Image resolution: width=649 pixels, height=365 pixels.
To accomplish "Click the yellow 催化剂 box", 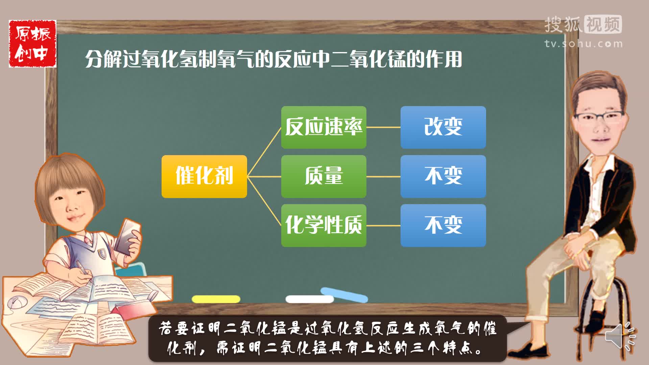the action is tap(204, 176).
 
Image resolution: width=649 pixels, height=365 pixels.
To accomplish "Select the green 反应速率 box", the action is tap(324, 127).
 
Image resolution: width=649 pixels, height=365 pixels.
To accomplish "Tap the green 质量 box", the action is tap(324, 176).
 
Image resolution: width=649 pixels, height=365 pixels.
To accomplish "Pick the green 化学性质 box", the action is tap(324, 225).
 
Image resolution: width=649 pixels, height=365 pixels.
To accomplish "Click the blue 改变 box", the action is tap(443, 127).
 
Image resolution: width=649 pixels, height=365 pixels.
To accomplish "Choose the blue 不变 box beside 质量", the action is tap(443, 176).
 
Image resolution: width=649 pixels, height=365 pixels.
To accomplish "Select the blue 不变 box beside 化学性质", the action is tap(443, 225).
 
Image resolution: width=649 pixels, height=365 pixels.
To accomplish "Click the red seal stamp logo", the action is tap(32, 44).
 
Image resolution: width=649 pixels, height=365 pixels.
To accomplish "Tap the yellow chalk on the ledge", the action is tap(216, 299).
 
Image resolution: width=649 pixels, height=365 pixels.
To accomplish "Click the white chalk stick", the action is tap(310, 299).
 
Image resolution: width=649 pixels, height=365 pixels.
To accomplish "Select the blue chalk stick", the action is tap(344, 295).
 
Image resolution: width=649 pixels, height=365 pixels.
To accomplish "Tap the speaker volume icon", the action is tap(620, 336).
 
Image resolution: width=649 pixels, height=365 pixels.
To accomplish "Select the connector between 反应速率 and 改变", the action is tap(384, 127).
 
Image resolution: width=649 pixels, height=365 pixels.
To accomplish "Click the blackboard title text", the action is tap(273, 59).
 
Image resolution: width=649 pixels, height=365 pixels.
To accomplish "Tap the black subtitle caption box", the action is tap(327, 338).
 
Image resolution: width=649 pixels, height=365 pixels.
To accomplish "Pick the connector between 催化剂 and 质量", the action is tap(264, 176).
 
